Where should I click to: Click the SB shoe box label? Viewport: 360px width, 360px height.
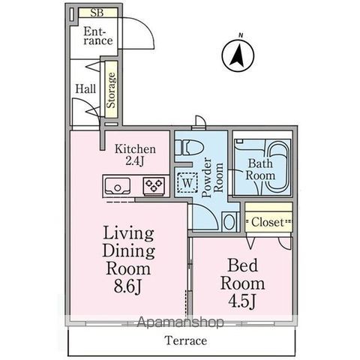(97, 13)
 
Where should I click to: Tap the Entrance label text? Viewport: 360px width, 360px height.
(97, 36)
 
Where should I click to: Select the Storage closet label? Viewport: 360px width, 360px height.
(111, 90)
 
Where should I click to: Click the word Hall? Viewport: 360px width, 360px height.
(85, 88)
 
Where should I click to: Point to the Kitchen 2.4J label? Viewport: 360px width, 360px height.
(135, 155)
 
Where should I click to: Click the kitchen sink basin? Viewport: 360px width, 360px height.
(118, 185)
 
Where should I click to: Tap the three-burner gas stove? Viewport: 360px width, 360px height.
(154, 185)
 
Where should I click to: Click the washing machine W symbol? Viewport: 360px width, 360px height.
(187, 183)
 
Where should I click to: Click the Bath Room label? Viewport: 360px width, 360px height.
(260, 169)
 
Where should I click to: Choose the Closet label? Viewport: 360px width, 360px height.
(268, 222)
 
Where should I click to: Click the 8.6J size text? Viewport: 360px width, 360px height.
(128, 286)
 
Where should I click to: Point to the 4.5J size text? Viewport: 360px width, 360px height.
(242, 301)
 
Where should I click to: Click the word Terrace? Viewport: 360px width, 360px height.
(186, 340)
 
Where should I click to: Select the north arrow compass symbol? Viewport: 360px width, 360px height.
(238, 55)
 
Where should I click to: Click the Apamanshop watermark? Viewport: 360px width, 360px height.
(181, 322)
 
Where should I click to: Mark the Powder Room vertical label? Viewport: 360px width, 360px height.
(212, 177)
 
